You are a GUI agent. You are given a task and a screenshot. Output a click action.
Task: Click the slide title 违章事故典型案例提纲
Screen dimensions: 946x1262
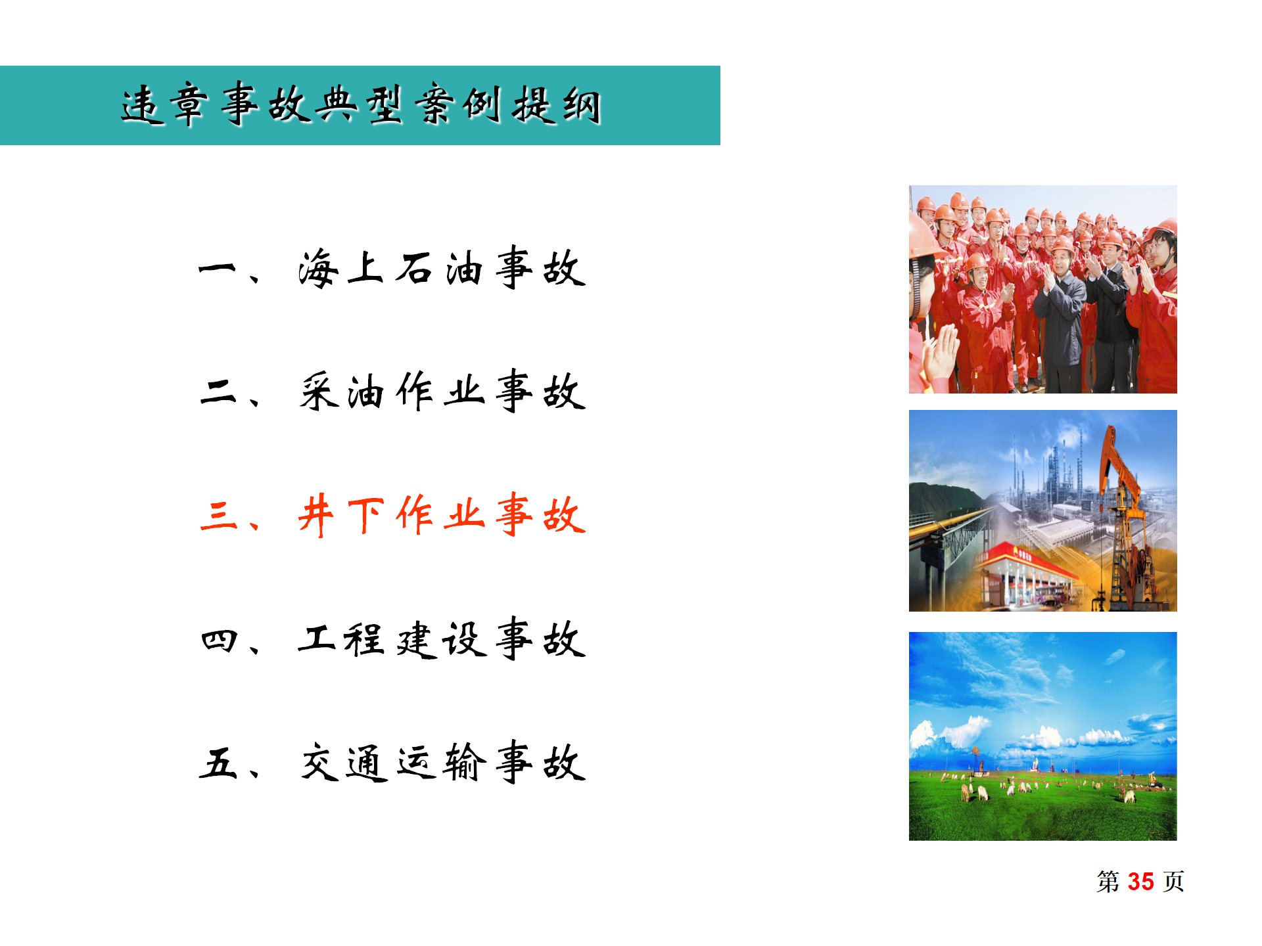360,105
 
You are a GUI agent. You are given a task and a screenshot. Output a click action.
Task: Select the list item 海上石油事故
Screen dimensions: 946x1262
441,268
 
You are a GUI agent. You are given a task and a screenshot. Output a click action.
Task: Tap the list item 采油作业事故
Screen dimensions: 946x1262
441,392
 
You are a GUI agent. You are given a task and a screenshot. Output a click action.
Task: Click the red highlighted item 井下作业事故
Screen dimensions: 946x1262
441,515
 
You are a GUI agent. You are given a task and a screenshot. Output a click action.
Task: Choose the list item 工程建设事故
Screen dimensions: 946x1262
441,639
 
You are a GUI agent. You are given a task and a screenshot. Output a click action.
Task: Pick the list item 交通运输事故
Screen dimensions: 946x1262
441,763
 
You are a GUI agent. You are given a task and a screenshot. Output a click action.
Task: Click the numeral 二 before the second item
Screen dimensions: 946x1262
218,392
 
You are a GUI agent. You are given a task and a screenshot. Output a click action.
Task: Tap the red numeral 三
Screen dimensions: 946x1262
218,515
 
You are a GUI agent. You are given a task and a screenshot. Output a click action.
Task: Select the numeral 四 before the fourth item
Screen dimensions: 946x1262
218,639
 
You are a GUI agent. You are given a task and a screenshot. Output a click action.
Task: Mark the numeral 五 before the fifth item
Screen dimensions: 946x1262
218,763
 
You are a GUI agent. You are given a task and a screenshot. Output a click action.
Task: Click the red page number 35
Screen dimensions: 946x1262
1140,882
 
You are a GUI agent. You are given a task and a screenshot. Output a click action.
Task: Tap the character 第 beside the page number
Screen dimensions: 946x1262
1108,882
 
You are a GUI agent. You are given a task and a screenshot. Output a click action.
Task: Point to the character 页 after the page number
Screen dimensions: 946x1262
1174,882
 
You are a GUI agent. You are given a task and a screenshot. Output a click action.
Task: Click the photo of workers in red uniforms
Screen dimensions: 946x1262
1042,289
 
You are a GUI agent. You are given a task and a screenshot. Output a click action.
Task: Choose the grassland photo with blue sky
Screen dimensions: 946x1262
1042,736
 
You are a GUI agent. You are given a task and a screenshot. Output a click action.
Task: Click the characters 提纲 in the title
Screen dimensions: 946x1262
557,105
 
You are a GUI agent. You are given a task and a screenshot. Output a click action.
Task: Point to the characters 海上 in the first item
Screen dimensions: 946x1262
340,268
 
